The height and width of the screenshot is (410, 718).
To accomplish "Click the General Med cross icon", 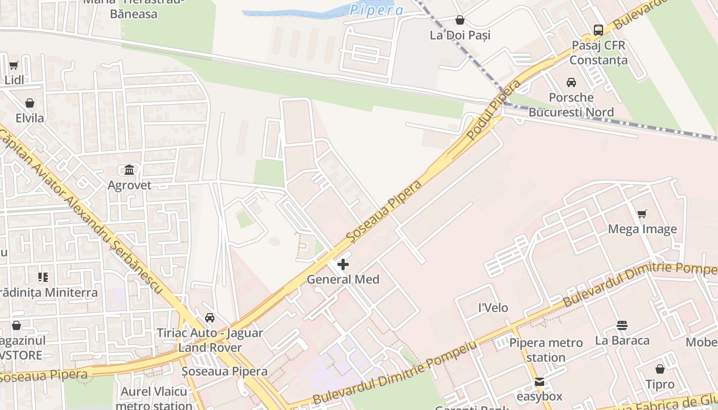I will click(343, 264).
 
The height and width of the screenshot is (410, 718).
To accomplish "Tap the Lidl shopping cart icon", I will click(14, 65).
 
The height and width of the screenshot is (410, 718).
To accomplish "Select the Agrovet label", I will click(129, 185).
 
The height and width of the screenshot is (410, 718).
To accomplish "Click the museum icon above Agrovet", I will click(129, 170).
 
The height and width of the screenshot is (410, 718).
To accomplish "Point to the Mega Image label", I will click(642, 229).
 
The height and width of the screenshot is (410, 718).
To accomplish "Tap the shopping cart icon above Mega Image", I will click(642, 214).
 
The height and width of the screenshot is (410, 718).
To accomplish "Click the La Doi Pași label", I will click(460, 35).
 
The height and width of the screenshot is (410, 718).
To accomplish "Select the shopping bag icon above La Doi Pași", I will click(460, 20).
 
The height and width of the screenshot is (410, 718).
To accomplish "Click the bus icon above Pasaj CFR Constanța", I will click(599, 30).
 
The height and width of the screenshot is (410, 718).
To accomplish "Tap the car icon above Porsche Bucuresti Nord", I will click(571, 82).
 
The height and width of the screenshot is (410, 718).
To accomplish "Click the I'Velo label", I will click(493, 307).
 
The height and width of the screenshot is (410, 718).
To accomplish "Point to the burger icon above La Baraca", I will click(622, 325).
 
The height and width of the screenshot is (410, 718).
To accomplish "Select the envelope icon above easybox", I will click(539, 381).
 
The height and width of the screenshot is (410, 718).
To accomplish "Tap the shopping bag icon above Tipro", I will click(660, 369).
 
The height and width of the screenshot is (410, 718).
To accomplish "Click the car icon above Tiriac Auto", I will click(210, 318).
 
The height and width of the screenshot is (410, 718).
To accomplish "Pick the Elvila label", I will click(30, 118).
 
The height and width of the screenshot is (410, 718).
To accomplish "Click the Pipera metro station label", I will click(546, 350).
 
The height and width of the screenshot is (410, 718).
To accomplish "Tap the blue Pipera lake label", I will click(377, 10).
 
